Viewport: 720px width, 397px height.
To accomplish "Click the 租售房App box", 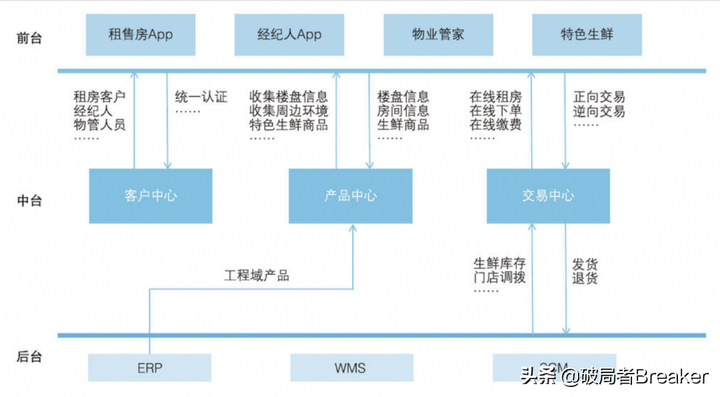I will click(x=141, y=35).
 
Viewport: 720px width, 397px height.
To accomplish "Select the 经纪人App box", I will click(x=289, y=35).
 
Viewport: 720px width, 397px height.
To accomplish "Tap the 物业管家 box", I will click(x=438, y=35).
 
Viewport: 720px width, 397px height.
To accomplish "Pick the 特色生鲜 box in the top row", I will click(x=587, y=35).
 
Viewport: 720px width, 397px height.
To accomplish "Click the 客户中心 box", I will click(x=151, y=195).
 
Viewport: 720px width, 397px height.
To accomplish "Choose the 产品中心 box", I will click(x=350, y=195).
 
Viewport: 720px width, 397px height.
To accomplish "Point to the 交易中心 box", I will click(x=548, y=195).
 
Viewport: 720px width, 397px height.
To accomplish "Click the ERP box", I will click(x=149, y=368).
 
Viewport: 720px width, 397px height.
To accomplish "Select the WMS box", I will click(x=351, y=368).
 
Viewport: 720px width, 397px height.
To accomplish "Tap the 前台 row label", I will click(x=29, y=37).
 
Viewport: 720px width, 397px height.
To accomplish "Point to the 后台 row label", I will click(x=29, y=357).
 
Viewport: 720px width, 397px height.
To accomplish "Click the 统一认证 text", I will click(x=201, y=97).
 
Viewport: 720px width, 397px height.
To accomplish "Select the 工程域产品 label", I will click(x=257, y=275).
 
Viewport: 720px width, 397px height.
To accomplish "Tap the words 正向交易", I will click(x=599, y=97).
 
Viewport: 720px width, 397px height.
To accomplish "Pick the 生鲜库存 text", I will click(x=499, y=263).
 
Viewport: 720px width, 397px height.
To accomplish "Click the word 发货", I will click(x=585, y=263).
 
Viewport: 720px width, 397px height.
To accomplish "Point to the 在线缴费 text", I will click(x=495, y=124).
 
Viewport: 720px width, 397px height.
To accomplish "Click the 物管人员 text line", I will click(x=99, y=124).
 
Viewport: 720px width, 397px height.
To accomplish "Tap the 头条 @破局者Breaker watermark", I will click(x=613, y=377).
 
